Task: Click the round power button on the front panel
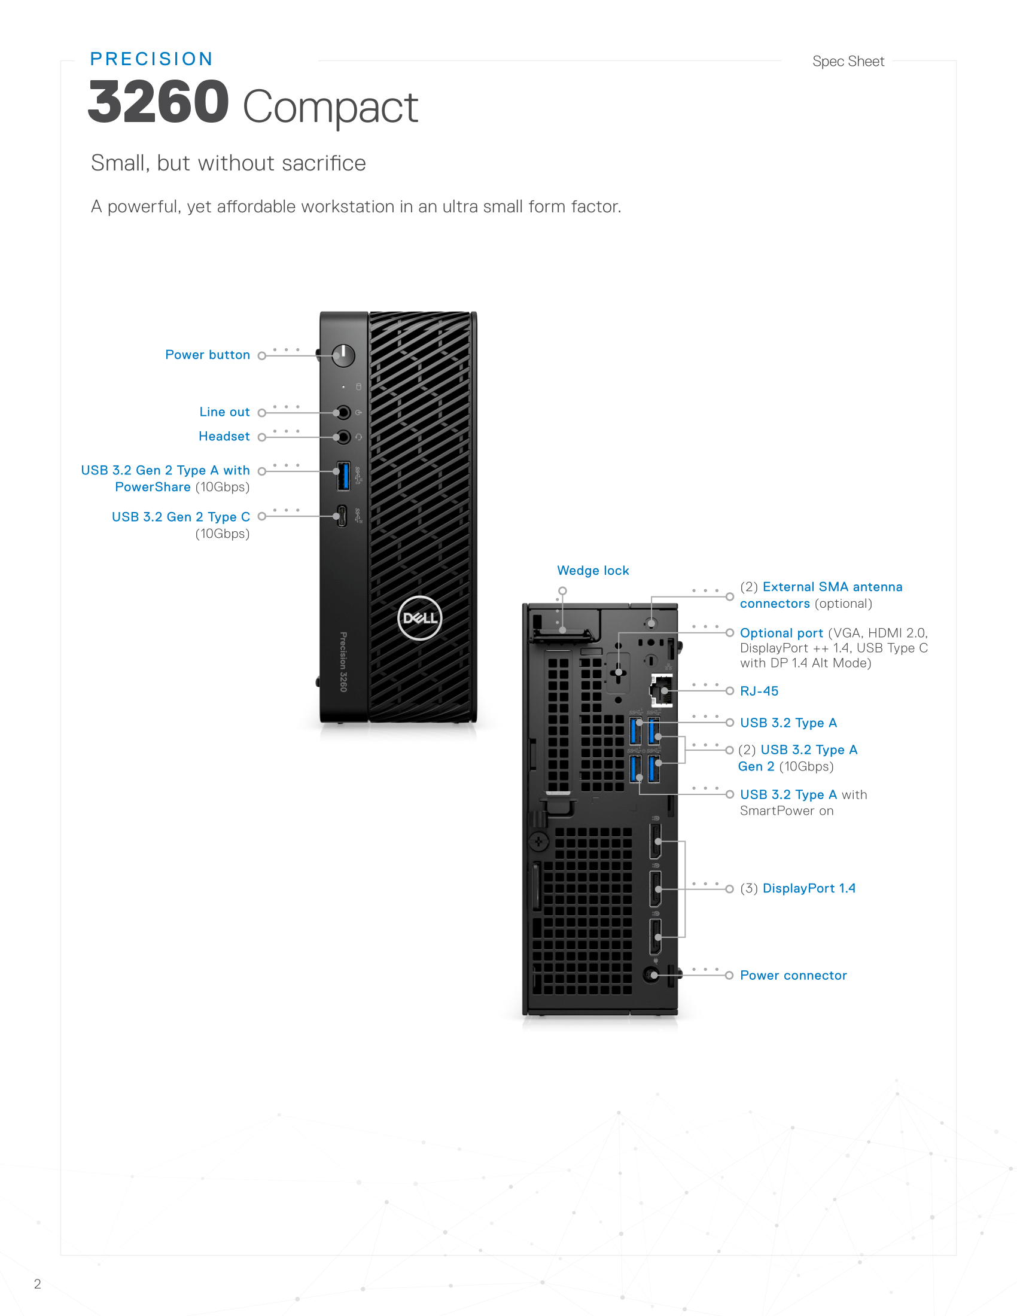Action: (343, 355)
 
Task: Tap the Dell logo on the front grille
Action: (420, 618)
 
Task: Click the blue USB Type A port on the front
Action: (343, 476)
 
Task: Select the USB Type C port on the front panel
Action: (342, 516)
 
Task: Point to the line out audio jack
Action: (343, 413)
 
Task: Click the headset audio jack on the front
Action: (343, 437)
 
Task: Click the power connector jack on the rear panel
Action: (651, 974)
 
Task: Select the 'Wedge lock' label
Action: (593, 571)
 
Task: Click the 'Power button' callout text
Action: (207, 355)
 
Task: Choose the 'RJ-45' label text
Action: (759, 691)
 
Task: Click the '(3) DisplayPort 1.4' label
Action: (797, 888)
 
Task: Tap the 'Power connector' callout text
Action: (793, 975)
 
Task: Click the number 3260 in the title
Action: (159, 102)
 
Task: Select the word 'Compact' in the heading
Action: (330, 107)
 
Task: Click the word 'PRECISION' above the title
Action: (152, 59)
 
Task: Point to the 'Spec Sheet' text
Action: (848, 62)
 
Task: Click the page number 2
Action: (37, 1284)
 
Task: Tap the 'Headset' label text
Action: (224, 436)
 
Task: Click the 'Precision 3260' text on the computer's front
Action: (343, 662)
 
